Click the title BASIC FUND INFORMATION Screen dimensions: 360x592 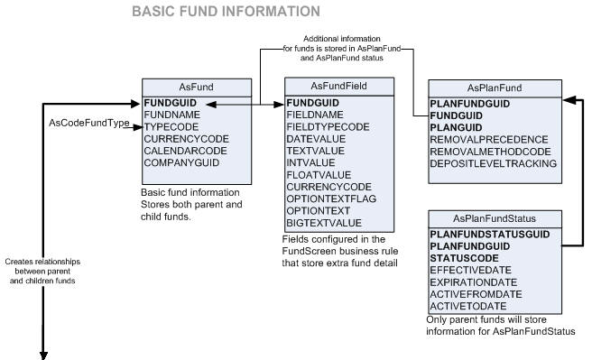tap(225, 13)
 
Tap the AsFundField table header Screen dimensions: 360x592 tap(338, 86)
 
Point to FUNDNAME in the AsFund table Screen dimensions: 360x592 tap(175, 115)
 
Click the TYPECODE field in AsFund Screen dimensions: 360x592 tap(172, 127)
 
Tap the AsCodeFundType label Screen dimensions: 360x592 tap(88, 123)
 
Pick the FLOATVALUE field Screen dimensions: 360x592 tap(319, 174)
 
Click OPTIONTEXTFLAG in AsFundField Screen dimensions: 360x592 tap(331, 198)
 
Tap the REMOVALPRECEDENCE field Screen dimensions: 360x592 tap(488, 140)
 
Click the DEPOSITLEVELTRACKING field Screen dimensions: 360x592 tap(493, 163)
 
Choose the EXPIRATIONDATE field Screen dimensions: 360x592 tap(476, 281)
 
